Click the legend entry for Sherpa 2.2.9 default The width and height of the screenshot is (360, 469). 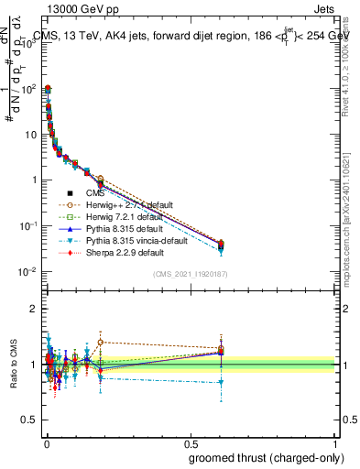tap(125, 252)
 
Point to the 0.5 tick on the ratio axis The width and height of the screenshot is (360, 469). tap(30, 420)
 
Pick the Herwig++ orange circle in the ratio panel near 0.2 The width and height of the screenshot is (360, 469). tap(100, 342)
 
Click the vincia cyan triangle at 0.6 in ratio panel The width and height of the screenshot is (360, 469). tap(221, 383)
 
